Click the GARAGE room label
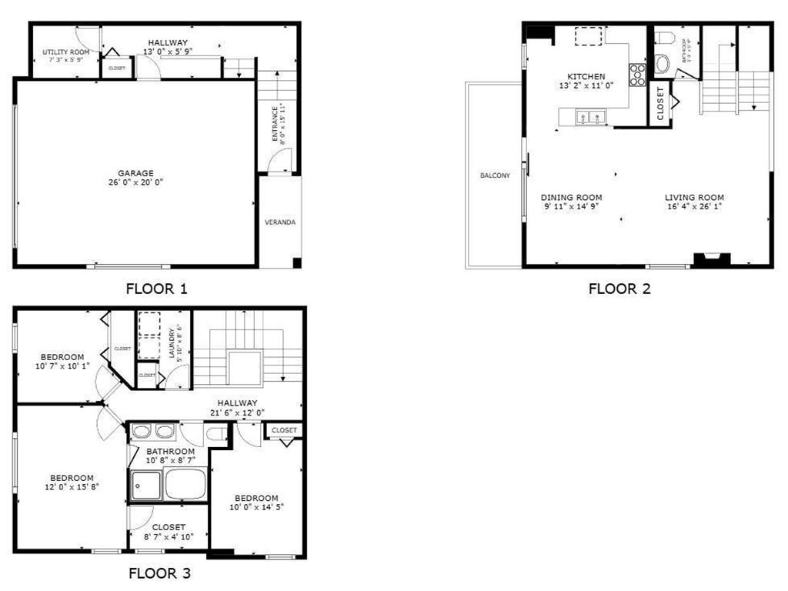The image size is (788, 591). (x=135, y=173)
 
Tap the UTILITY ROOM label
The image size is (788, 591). (x=65, y=52)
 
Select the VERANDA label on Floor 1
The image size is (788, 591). (x=280, y=222)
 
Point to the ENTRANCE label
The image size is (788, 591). (x=275, y=123)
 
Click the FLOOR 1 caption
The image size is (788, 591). (x=156, y=289)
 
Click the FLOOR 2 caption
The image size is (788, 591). (x=619, y=289)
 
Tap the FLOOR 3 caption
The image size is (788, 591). (x=159, y=573)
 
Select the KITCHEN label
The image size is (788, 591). (x=586, y=76)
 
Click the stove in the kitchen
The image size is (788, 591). (x=638, y=74)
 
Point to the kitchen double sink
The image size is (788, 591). (x=590, y=118)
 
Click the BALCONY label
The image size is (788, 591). (x=495, y=175)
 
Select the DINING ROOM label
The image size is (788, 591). (x=571, y=197)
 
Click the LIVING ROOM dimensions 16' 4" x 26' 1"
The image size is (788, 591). (x=694, y=206)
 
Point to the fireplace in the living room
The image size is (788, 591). (x=711, y=260)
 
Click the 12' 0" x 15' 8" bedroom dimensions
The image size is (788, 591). (x=72, y=486)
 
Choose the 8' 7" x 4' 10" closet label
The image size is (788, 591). (x=168, y=536)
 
